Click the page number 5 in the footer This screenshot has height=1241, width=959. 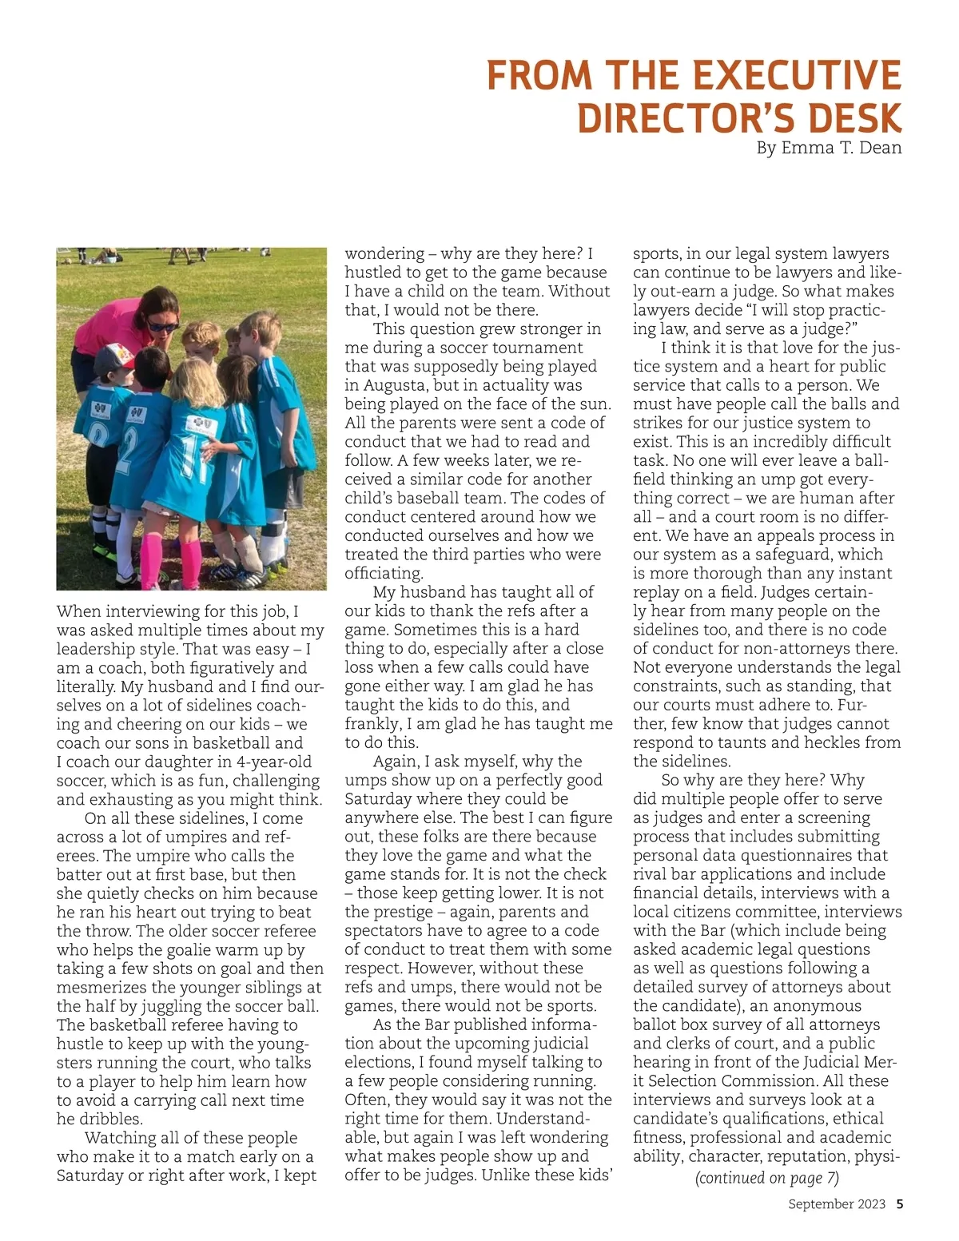(899, 1204)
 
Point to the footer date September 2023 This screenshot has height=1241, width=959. (837, 1204)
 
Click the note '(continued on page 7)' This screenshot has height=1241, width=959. (766, 1178)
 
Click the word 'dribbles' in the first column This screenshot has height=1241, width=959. (111, 1119)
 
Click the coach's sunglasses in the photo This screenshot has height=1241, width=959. (162, 326)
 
